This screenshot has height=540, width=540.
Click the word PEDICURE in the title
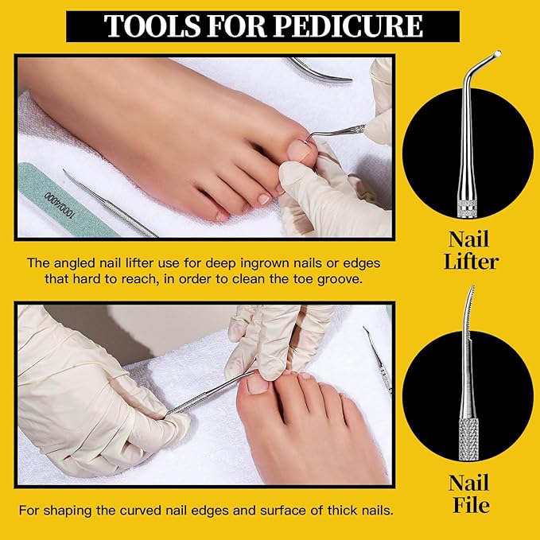[348, 25]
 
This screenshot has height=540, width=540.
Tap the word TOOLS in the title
[152, 25]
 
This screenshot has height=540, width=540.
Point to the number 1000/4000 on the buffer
[59, 205]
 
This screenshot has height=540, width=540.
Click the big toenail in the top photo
[299, 151]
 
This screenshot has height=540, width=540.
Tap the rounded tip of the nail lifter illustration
[497, 54]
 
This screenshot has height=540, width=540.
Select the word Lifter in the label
[471, 262]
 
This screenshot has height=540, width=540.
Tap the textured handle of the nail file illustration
[468, 439]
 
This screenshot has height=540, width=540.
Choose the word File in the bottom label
[471, 505]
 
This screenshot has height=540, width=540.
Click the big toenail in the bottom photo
[258, 384]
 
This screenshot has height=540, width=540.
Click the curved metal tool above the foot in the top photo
[319, 72]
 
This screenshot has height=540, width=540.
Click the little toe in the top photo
[220, 216]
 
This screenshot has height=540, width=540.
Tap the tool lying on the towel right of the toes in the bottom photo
[378, 360]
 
